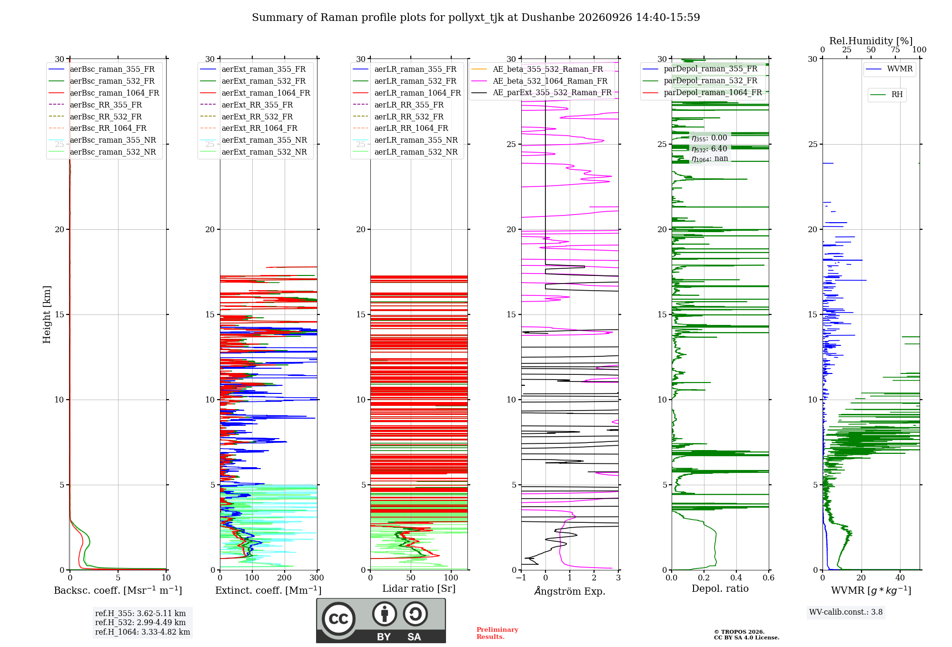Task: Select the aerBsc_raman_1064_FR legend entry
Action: click(104, 93)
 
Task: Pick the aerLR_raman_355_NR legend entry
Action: click(406, 140)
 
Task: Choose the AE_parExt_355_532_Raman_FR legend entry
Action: click(541, 93)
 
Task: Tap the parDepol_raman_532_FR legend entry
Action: click(700, 81)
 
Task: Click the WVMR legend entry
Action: click(889, 69)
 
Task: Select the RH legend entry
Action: click(886, 95)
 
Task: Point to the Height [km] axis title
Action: click(47, 314)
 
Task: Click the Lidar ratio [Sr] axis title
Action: click(419, 589)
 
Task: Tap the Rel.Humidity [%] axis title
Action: click(871, 41)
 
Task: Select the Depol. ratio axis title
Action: click(720, 589)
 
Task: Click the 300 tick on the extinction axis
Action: click(317, 578)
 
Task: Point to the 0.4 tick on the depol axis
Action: click(736, 578)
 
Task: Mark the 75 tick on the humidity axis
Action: click(895, 50)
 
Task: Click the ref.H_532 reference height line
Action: click(140, 623)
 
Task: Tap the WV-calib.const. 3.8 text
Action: click(846, 612)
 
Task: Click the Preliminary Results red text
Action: click(497, 633)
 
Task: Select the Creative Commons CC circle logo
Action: click(338, 619)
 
